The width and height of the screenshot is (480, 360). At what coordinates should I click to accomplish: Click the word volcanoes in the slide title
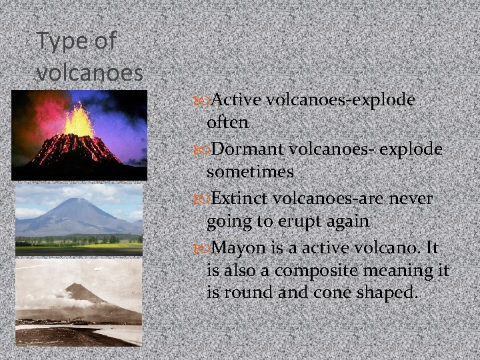pyautogui.click(x=91, y=71)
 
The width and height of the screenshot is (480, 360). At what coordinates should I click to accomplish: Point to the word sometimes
pyautogui.click(x=251, y=173)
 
